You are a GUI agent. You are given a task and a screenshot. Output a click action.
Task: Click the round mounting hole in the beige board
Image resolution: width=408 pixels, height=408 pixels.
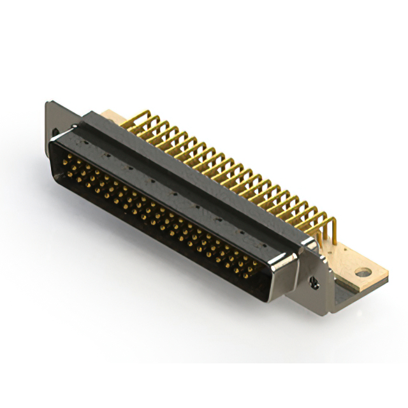tap(362, 273)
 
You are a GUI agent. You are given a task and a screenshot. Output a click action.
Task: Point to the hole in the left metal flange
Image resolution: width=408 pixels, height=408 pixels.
tap(55, 133)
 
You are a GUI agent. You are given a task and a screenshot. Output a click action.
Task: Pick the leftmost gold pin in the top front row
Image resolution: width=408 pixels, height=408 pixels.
tap(64, 160)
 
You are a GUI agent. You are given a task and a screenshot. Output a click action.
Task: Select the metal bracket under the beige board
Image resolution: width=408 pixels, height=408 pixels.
tap(347, 293)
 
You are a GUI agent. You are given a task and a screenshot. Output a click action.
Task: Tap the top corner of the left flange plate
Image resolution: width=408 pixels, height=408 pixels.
tap(48, 103)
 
